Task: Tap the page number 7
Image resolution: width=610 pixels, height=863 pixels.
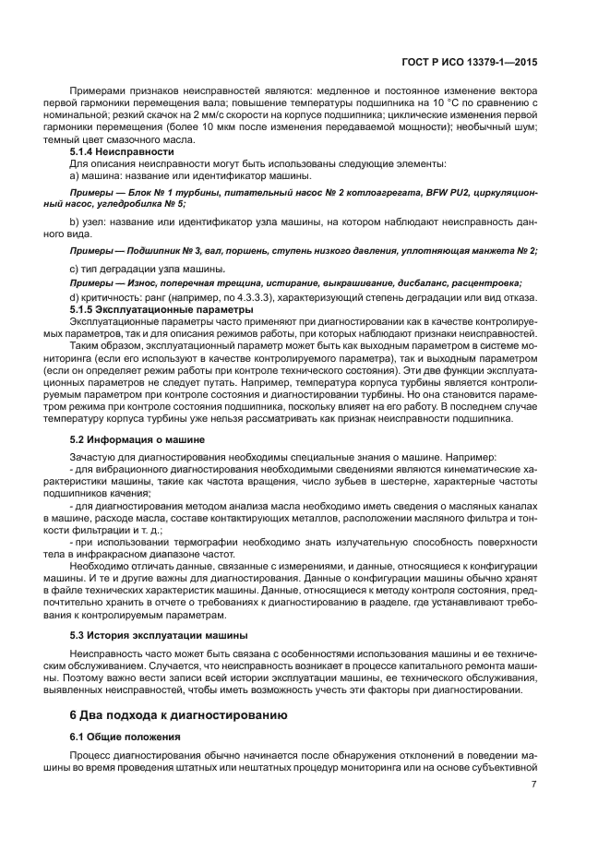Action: [x=535, y=785]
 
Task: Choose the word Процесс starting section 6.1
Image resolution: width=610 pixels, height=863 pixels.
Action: [x=91, y=755]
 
